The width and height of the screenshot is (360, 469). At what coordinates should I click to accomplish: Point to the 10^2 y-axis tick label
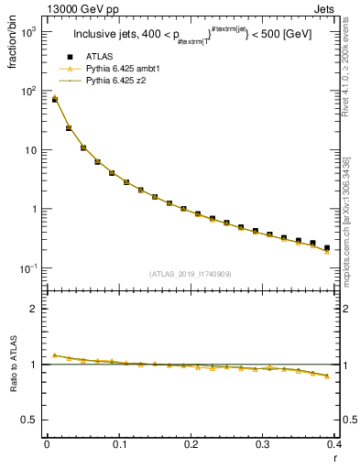pyautogui.click(x=29, y=92)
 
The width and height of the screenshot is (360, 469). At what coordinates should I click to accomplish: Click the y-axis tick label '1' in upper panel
pyautogui.click(x=36, y=209)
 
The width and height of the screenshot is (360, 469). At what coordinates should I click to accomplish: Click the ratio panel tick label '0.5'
pyautogui.click(x=31, y=420)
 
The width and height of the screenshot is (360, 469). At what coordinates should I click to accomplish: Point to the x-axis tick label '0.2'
pyautogui.click(x=191, y=444)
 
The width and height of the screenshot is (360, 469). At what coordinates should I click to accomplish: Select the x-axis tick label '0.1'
pyautogui.click(x=118, y=444)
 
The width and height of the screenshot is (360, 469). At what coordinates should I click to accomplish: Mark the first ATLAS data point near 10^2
pyautogui.click(x=54, y=100)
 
